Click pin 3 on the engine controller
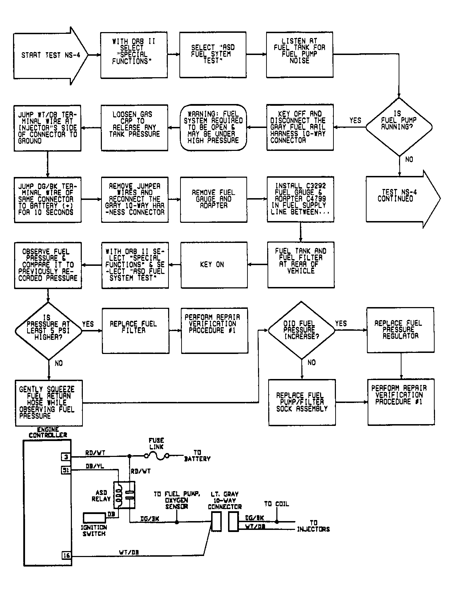click(x=66, y=457)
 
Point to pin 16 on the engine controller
click(x=66, y=556)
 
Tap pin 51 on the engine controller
click(x=66, y=470)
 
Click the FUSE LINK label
click(x=156, y=444)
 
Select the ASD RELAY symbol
click(x=124, y=495)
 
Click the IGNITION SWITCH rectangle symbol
click(x=94, y=518)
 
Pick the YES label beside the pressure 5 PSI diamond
click(x=88, y=324)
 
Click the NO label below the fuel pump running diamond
click(x=409, y=159)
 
